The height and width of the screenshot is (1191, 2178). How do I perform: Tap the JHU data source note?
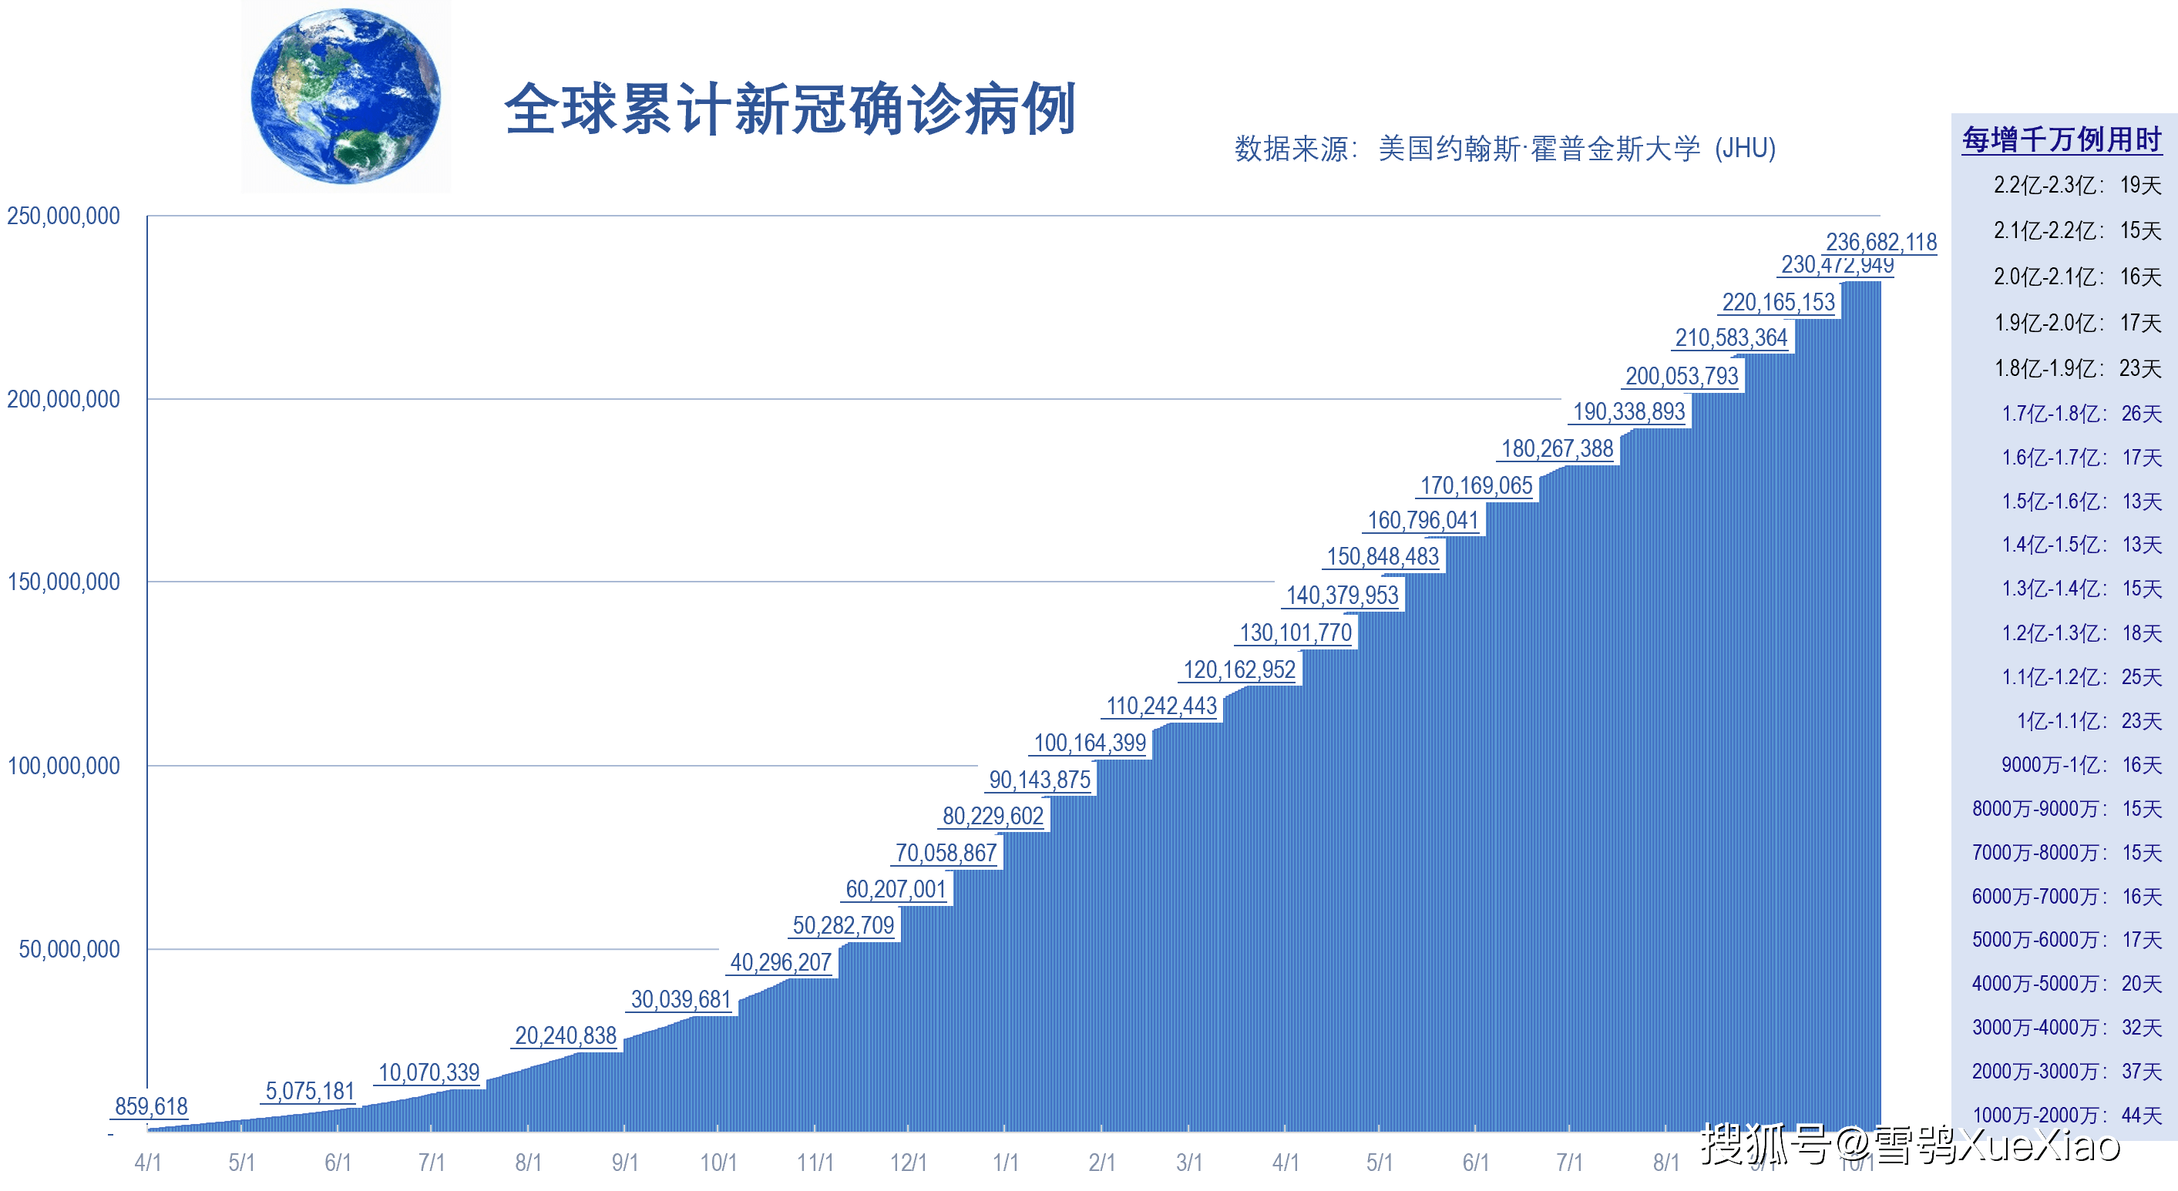coord(1504,149)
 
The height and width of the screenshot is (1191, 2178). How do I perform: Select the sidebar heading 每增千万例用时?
coord(2062,139)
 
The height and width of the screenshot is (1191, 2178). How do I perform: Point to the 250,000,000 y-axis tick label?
coord(63,216)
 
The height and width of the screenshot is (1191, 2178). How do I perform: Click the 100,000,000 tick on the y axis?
coord(63,766)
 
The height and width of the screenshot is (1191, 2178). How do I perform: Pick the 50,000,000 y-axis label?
coord(69,949)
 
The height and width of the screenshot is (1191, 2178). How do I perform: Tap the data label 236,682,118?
coord(1881,242)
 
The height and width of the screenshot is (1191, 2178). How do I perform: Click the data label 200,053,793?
coord(1681,376)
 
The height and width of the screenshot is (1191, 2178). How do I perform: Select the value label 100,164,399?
coord(1089,743)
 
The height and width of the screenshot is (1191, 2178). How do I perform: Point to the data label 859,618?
coord(150,1105)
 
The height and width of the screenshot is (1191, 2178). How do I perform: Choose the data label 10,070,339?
coord(429,1072)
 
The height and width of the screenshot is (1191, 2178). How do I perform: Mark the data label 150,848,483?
coord(1383,556)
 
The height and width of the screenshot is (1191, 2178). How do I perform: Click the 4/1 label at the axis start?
coord(148,1162)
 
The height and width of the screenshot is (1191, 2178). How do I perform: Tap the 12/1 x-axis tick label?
coord(908,1162)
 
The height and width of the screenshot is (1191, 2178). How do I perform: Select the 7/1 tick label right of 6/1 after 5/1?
coord(1569,1162)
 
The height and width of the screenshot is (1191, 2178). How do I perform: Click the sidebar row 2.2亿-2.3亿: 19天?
coord(2076,185)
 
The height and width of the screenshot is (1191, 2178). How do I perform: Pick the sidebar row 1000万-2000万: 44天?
coord(2065,1115)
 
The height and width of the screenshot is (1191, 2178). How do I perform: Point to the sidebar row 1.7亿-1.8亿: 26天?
coord(2081,414)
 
